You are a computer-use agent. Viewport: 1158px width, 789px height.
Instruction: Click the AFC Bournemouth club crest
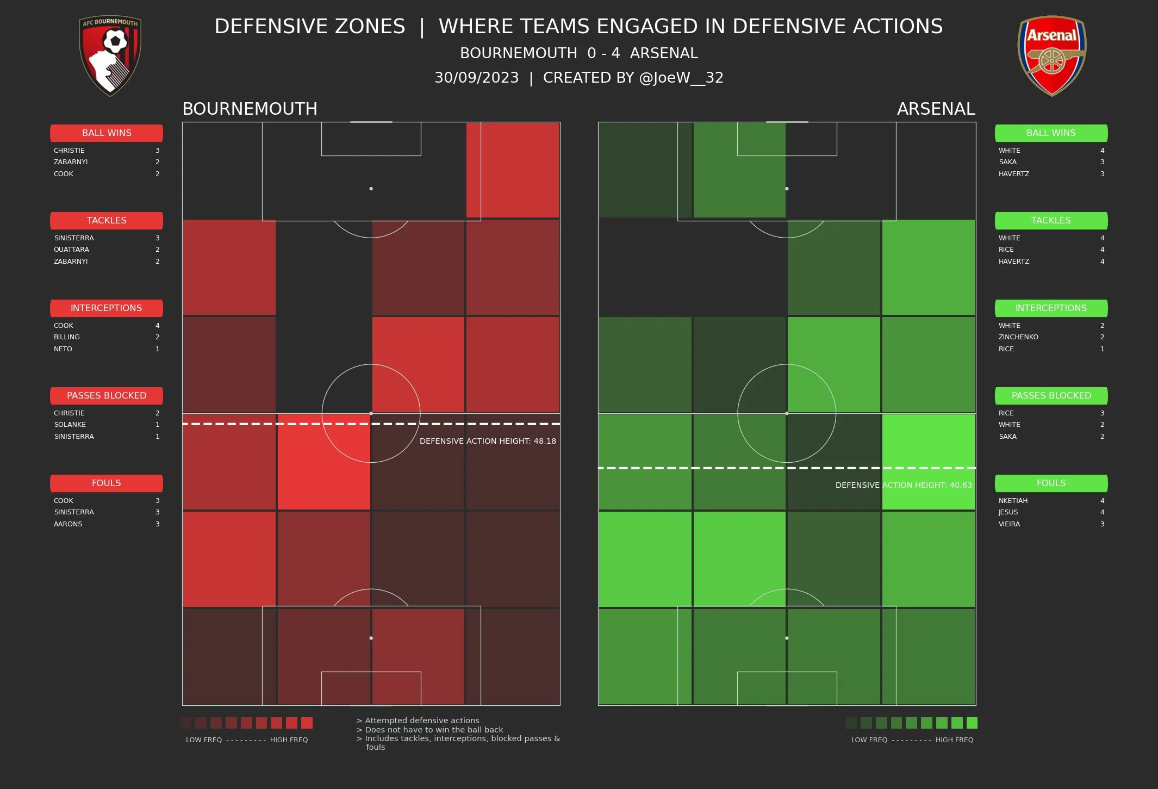(x=110, y=55)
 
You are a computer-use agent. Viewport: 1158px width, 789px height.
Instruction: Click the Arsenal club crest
(x=1051, y=55)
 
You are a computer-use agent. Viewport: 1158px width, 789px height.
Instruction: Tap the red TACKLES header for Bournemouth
(x=107, y=220)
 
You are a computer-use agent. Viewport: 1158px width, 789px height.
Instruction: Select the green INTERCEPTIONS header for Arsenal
(x=1051, y=308)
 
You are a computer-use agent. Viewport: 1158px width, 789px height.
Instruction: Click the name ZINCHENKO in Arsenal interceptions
(x=1018, y=337)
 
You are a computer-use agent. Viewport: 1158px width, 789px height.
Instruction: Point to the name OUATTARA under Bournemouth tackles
(x=71, y=250)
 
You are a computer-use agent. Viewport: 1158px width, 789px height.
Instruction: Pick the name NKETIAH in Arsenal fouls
(x=1013, y=501)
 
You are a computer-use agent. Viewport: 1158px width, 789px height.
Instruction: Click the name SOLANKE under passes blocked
(x=70, y=425)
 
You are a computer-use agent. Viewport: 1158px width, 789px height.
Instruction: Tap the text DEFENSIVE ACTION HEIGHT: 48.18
(x=488, y=441)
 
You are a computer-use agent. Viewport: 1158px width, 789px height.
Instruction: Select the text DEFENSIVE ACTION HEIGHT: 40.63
(x=903, y=485)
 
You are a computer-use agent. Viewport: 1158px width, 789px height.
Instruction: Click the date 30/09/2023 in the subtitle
(x=476, y=78)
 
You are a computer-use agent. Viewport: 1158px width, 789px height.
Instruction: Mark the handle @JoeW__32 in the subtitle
(x=681, y=78)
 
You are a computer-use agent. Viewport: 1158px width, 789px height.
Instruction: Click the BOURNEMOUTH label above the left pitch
(x=250, y=109)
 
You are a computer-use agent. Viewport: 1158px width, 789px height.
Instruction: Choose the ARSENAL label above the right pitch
(x=936, y=109)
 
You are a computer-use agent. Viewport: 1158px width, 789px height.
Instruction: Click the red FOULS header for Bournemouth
(x=107, y=483)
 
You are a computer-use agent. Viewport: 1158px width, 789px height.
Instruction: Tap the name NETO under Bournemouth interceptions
(x=63, y=349)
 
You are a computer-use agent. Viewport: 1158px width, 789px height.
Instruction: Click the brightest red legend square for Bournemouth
(x=307, y=723)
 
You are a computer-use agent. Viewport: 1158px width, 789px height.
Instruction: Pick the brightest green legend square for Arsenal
(x=972, y=723)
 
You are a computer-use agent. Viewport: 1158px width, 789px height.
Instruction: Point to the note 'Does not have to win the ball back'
(x=434, y=730)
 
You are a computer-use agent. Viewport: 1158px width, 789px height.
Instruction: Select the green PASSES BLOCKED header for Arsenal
(x=1051, y=395)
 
